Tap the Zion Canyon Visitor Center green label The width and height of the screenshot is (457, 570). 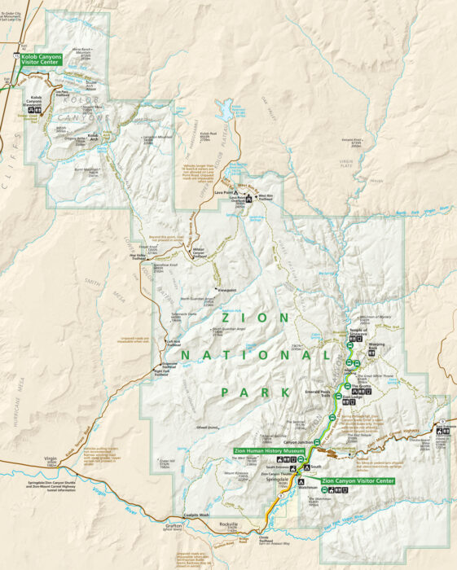click(358, 481)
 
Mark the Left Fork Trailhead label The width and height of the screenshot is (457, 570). click(174, 343)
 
